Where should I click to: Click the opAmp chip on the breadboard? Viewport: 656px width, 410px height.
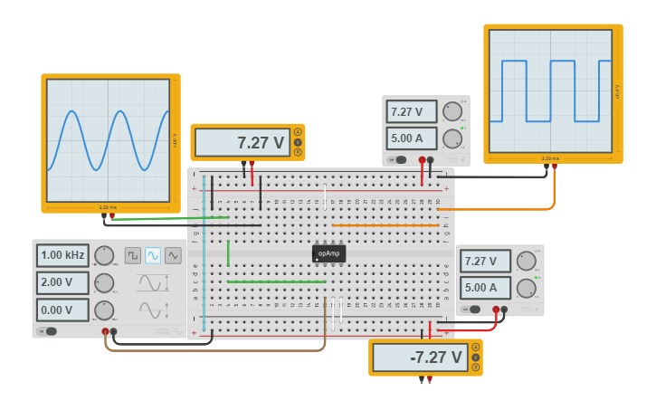pos(328,253)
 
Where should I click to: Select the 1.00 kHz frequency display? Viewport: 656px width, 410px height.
pos(62,255)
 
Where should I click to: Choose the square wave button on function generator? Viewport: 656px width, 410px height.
pos(132,255)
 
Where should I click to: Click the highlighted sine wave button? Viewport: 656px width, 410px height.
pos(153,255)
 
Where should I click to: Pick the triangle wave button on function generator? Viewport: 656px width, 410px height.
pos(173,255)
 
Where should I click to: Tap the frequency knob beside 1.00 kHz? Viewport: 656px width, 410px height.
pos(104,255)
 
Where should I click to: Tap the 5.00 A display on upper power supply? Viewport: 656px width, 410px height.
pos(411,138)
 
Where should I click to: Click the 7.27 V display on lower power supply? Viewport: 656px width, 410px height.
pos(485,262)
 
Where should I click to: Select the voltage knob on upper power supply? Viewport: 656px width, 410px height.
pos(452,111)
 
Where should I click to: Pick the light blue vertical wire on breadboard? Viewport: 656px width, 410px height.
pos(204,253)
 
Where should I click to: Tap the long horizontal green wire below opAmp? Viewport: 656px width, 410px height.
pos(276,281)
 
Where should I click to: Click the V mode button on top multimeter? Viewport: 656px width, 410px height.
pos(298,141)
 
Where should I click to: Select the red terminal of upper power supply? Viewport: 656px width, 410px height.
pos(422,160)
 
